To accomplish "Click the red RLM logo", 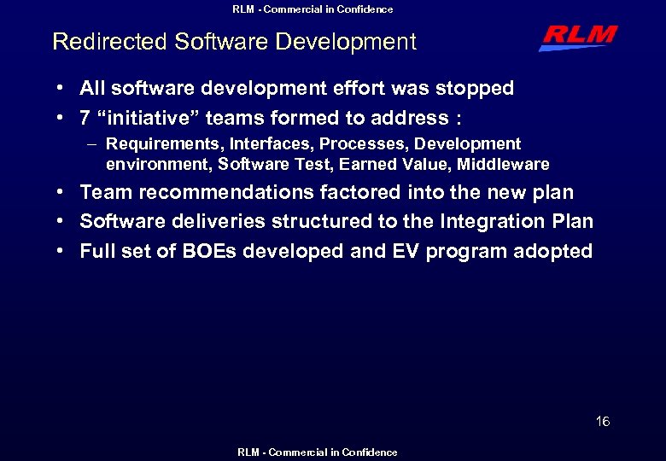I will [x=578, y=38].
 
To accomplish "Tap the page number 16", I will [x=603, y=422].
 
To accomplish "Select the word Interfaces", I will [x=264, y=144].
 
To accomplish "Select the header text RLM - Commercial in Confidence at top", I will [x=313, y=9].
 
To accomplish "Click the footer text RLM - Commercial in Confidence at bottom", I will [x=317, y=452].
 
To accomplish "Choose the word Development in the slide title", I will [x=354, y=42].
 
